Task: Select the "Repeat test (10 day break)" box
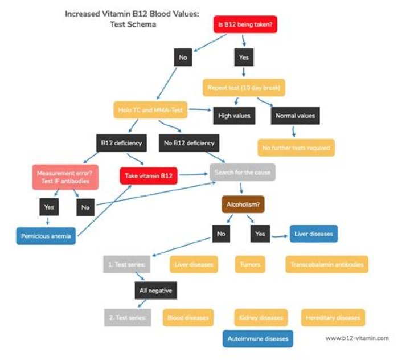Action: [244, 88]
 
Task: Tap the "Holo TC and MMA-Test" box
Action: [151, 109]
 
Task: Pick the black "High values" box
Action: [235, 116]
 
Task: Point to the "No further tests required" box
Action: [296, 148]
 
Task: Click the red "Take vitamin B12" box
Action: [149, 175]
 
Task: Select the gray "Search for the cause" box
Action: [242, 172]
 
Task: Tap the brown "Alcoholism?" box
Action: [243, 204]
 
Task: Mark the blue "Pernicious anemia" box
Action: [46, 236]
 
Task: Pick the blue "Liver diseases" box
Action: [314, 234]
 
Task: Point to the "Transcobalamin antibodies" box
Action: [327, 264]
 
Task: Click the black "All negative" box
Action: [155, 291]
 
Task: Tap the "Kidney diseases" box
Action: [261, 317]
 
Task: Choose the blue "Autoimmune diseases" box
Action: [258, 338]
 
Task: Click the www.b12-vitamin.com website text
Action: [356, 338]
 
